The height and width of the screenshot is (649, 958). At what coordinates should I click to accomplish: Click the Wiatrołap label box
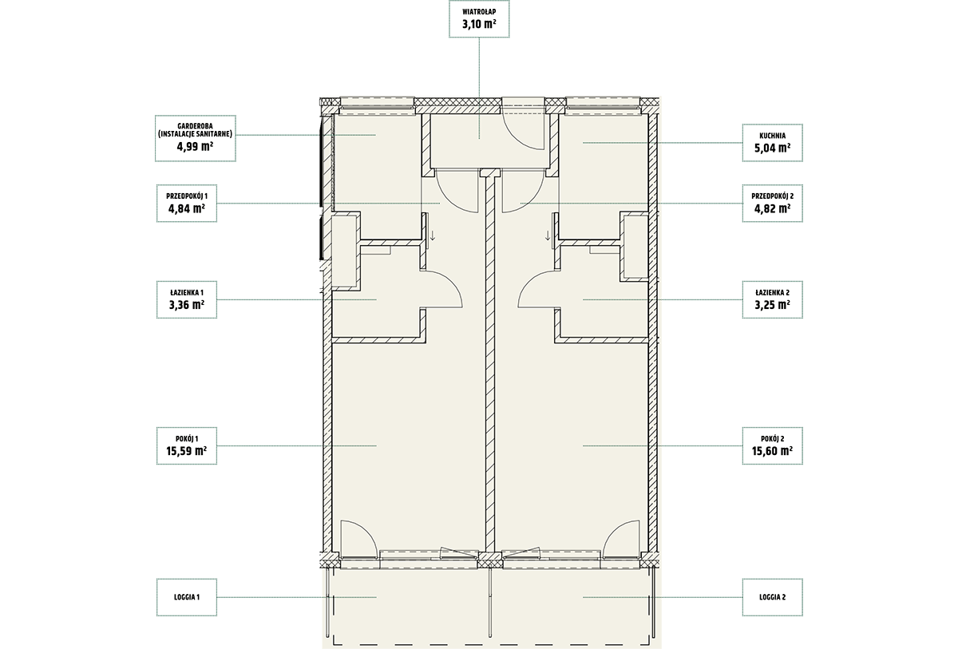479,19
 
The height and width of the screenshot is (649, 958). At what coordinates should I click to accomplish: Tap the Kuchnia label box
773,143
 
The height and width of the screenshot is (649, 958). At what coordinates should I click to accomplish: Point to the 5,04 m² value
773,148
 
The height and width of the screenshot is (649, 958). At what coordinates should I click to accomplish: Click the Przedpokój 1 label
187,196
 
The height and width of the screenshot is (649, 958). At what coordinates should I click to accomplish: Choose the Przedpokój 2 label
773,196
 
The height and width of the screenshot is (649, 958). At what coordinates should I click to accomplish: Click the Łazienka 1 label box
187,299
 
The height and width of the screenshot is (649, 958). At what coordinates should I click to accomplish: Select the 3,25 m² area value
773,305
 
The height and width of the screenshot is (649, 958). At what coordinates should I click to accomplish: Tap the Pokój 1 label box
187,446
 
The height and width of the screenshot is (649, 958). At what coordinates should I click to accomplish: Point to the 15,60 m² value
773,451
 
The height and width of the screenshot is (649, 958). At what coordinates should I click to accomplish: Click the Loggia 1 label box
187,597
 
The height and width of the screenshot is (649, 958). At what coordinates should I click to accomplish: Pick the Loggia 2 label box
773,597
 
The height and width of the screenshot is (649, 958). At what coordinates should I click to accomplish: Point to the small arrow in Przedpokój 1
433,235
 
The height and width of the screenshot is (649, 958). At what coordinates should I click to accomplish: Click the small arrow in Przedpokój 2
548,235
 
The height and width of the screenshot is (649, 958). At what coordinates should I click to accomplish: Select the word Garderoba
195,126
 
